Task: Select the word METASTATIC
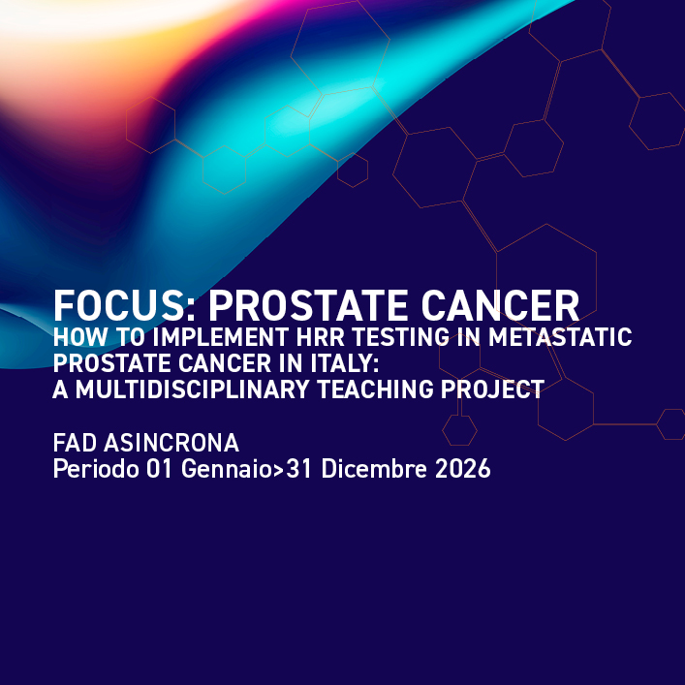click(562, 339)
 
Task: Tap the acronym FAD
click(75, 444)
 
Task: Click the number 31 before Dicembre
click(298, 470)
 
